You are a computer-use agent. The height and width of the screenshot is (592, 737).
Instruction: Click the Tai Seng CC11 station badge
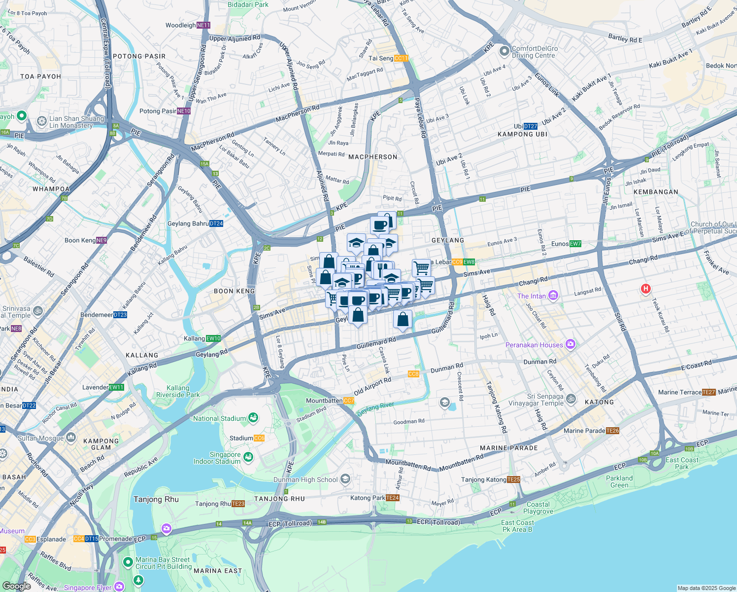[x=402, y=58]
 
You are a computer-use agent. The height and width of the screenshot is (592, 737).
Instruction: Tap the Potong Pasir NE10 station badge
[x=184, y=111]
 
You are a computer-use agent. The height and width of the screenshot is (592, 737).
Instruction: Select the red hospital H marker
[x=645, y=289]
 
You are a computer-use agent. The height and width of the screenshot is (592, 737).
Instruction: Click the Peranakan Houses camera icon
[x=570, y=344]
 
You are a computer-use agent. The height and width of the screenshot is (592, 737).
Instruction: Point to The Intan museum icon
[x=553, y=296]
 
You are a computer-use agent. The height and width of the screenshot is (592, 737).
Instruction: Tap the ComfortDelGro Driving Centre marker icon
[x=504, y=51]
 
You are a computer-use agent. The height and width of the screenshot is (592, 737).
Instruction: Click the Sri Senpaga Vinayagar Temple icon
[x=571, y=399]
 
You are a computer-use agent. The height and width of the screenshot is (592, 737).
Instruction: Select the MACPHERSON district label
[x=373, y=157]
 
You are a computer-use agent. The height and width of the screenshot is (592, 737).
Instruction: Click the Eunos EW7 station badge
[x=575, y=244]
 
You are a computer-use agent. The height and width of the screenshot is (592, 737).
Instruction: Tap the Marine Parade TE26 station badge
[x=613, y=431]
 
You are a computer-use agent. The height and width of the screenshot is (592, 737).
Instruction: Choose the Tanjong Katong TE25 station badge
[x=513, y=480]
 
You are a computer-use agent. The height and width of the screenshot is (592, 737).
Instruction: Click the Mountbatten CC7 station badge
[x=349, y=401]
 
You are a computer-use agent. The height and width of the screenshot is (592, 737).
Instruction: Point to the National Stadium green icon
[x=253, y=418]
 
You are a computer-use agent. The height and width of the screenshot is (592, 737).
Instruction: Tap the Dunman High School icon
[x=345, y=479]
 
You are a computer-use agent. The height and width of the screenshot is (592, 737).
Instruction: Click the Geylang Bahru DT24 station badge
[x=216, y=223]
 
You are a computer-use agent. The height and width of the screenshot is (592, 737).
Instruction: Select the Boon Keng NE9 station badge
[x=101, y=240]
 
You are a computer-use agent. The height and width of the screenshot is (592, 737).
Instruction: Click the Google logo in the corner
[x=17, y=586]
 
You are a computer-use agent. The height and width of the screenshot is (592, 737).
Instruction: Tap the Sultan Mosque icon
[x=71, y=437]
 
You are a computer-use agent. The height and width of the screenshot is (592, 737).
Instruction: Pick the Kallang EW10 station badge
[x=214, y=338]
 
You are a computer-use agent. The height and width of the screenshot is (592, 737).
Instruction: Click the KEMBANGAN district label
[x=656, y=192]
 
